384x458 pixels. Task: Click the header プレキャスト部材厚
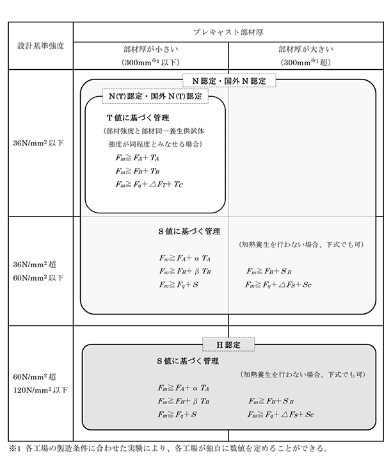228,32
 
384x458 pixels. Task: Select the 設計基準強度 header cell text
40,46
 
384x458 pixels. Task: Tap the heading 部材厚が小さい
150,49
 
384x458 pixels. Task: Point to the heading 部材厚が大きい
305,49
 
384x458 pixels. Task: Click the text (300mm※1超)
305,62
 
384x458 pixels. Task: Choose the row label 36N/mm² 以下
38,143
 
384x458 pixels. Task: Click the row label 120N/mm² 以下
40,390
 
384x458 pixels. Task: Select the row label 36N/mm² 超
35,265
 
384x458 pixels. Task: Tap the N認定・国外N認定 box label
229,81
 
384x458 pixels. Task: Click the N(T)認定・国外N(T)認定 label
156,96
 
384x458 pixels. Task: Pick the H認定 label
228,345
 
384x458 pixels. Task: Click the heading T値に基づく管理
138,118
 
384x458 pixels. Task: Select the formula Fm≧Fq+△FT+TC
149,184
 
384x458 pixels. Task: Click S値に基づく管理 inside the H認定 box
188,361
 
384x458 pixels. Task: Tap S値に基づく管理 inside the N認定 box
189,231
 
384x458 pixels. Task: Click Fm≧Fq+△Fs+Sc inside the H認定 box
280,414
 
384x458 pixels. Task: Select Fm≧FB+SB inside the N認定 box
269,271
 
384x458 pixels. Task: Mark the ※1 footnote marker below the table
15,448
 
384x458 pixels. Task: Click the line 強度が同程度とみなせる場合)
156,144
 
